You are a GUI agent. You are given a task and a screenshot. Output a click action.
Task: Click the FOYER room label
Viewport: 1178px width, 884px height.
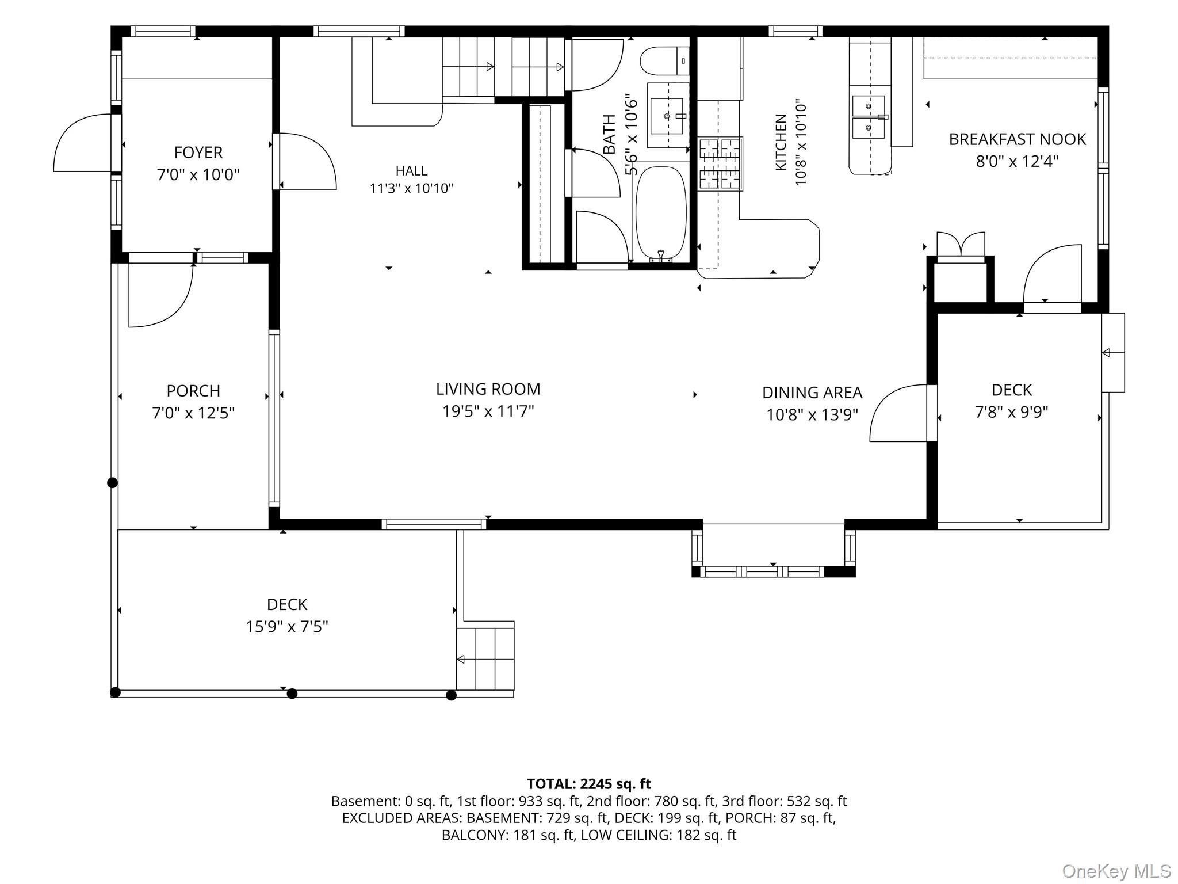(x=198, y=153)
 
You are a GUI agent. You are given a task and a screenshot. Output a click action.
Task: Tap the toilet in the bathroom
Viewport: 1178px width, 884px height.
(x=665, y=61)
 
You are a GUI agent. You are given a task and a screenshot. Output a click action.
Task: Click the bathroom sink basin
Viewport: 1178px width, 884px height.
(x=667, y=116)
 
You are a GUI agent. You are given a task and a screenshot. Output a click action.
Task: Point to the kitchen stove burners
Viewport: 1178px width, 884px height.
(x=721, y=164)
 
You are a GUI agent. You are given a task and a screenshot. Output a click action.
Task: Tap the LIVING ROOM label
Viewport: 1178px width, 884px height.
(x=488, y=390)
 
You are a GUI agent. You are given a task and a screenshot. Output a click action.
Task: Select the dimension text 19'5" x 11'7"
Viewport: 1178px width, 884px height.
(x=488, y=411)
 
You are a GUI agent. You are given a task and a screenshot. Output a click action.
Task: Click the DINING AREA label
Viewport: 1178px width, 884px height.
(x=812, y=393)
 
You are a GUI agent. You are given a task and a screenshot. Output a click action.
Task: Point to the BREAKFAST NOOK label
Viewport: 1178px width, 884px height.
(x=1017, y=139)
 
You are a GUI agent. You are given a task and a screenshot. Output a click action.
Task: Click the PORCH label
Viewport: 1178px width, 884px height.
(x=193, y=391)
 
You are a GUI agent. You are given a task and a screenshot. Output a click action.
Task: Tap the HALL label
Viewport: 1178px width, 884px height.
(x=411, y=170)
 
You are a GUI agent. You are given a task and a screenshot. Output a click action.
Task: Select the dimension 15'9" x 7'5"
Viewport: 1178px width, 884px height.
(x=287, y=626)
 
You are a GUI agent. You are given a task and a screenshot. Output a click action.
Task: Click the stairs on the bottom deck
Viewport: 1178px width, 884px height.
(x=485, y=659)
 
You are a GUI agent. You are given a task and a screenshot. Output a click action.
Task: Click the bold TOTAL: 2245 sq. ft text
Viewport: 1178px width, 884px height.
(x=589, y=784)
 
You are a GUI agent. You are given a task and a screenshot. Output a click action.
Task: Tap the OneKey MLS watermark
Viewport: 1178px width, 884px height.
(x=1115, y=871)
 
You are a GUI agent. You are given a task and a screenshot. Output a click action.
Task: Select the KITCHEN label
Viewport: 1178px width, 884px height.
(x=781, y=142)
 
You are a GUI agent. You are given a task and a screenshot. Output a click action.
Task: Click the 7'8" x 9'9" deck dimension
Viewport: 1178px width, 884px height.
(x=1012, y=412)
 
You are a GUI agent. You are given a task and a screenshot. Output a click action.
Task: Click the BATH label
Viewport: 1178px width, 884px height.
(x=609, y=134)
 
